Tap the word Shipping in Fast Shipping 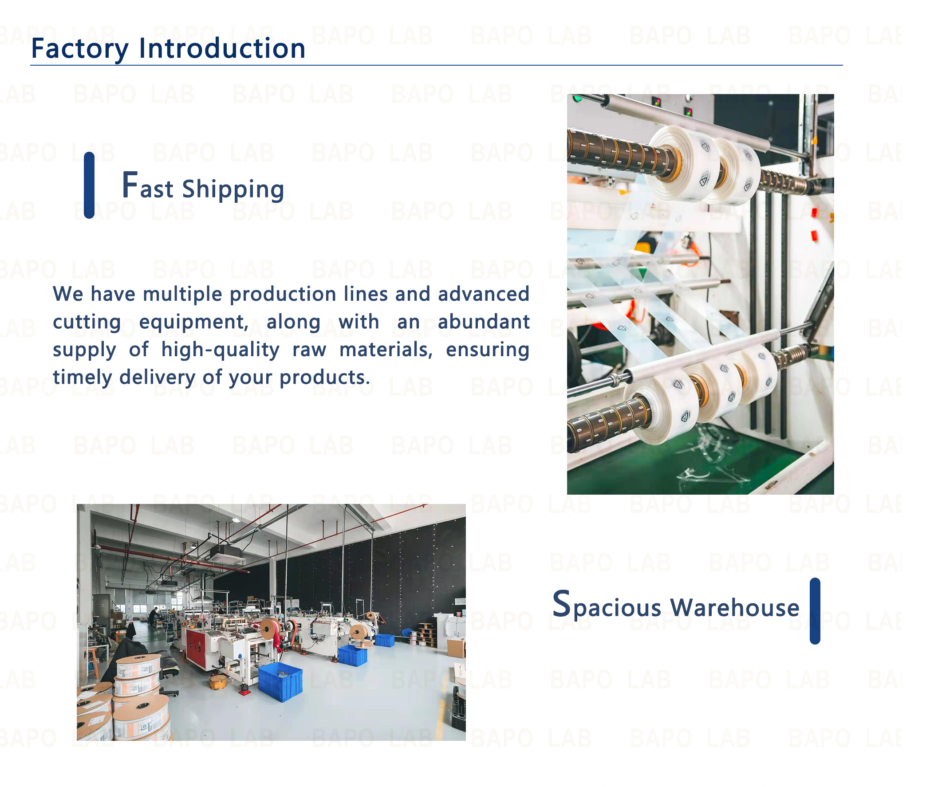tap(233, 189)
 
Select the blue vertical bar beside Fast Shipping tap(89, 185)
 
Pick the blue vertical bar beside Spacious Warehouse tap(815, 611)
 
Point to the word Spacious tap(607, 605)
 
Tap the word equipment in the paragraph tap(194, 323)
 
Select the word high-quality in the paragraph tap(221, 350)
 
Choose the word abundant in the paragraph tap(483, 322)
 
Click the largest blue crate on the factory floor tap(280, 681)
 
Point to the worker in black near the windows tap(153, 617)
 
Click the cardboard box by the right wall tap(456, 648)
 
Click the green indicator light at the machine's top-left tap(577, 98)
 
